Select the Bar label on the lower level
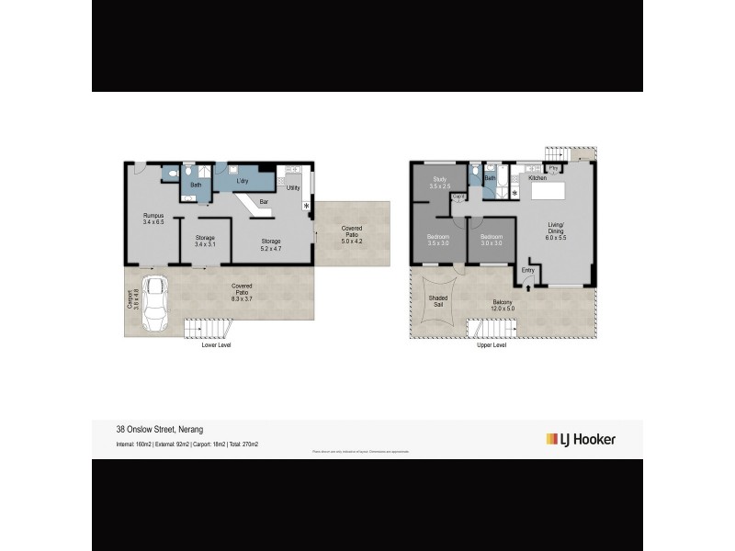click(264, 201)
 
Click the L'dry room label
click(243, 181)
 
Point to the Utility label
click(293, 187)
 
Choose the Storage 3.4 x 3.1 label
click(205, 241)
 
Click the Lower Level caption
click(217, 346)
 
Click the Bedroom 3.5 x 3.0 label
click(438, 240)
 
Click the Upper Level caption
click(492, 346)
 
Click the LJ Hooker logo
click(581, 439)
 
